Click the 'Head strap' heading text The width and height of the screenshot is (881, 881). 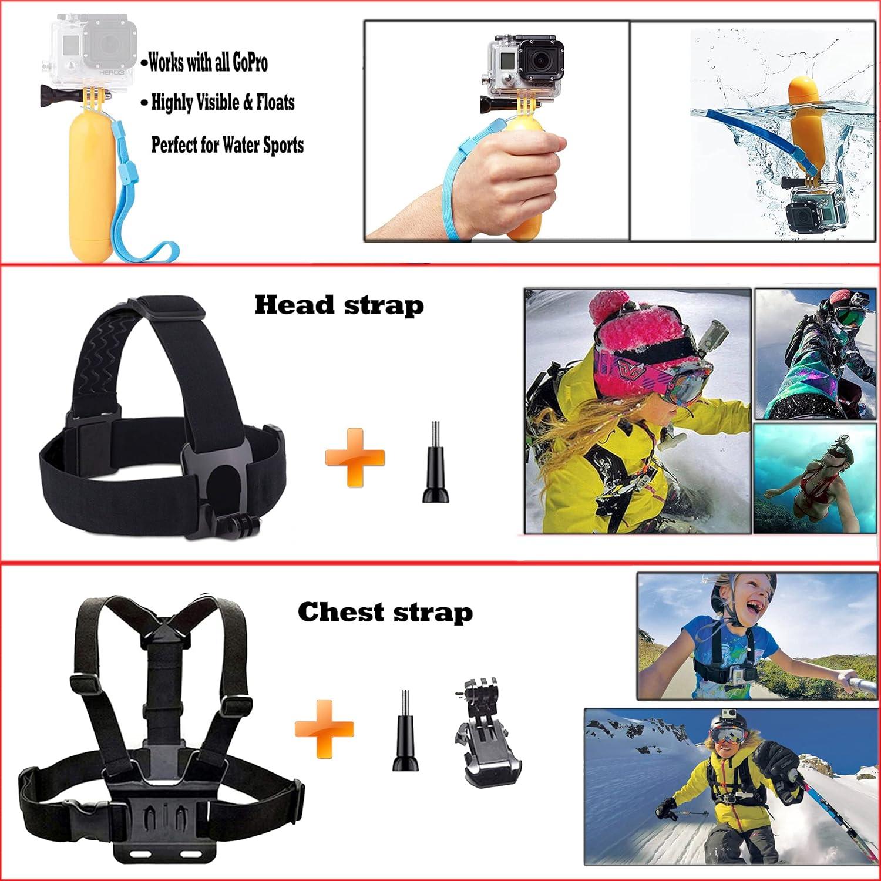(x=339, y=305)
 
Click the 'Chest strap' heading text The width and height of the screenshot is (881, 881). (x=385, y=612)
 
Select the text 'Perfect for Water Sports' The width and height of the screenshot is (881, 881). (x=227, y=144)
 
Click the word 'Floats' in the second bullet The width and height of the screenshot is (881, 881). (x=275, y=103)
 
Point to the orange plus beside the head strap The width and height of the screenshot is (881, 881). (x=355, y=458)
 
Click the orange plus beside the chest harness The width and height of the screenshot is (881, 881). (x=324, y=728)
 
